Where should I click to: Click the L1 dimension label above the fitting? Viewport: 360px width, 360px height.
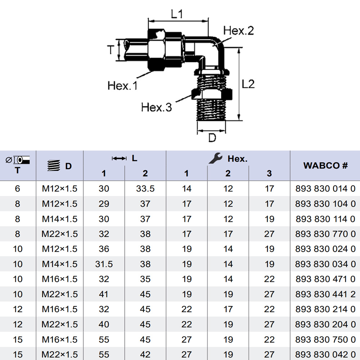coord(177,14)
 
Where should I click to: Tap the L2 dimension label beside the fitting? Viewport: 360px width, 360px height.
coord(248,84)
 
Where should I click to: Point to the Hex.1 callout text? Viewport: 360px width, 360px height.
coord(122,86)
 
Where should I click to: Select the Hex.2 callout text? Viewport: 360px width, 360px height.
coord(238,31)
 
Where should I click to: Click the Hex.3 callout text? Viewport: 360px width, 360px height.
coord(157,107)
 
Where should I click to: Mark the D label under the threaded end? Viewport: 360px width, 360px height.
coord(212,138)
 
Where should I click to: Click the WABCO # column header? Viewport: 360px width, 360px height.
coord(325,166)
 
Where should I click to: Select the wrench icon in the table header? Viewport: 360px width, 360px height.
coord(215,158)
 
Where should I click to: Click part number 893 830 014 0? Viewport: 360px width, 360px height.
coord(325,189)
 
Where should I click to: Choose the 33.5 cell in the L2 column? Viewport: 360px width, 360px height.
coord(145,189)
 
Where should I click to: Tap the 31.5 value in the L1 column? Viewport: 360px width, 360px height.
coord(104,264)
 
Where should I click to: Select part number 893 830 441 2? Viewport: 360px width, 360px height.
coord(325,294)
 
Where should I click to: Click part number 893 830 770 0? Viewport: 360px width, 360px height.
coord(325,234)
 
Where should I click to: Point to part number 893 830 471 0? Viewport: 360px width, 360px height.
coord(325,279)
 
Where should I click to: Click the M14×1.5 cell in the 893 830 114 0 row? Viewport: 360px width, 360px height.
coord(60,219)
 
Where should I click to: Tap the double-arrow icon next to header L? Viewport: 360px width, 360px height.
coord(119,158)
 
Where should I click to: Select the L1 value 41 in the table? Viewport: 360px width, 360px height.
coord(104,294)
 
